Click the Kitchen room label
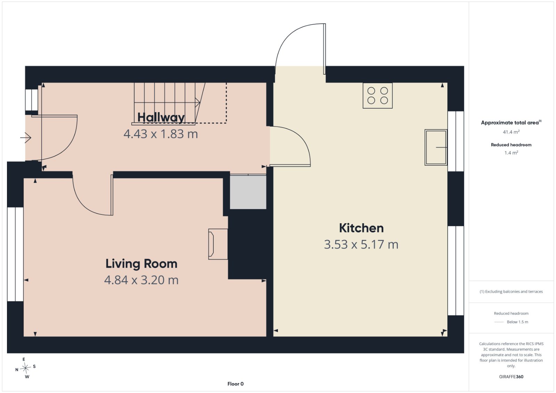click(361, 228)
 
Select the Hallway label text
click(161, 118)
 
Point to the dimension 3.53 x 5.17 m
click(361, 244)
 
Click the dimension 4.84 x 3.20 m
click(141, 280)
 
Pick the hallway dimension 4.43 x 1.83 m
click(161, 134)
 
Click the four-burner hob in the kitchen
click(377, 96)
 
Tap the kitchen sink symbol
click(436, 147)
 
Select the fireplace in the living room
click(218, 244)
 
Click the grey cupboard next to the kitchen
click(248, 192)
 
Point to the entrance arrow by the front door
click(26, 137)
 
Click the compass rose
click(25, 368)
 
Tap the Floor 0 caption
click(236, 384)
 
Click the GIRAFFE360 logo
click(511, 377)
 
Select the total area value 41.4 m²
click(511, 132)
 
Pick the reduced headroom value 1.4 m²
click(511, 153)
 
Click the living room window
click(15, 254)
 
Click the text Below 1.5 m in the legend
click(517, 322)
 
